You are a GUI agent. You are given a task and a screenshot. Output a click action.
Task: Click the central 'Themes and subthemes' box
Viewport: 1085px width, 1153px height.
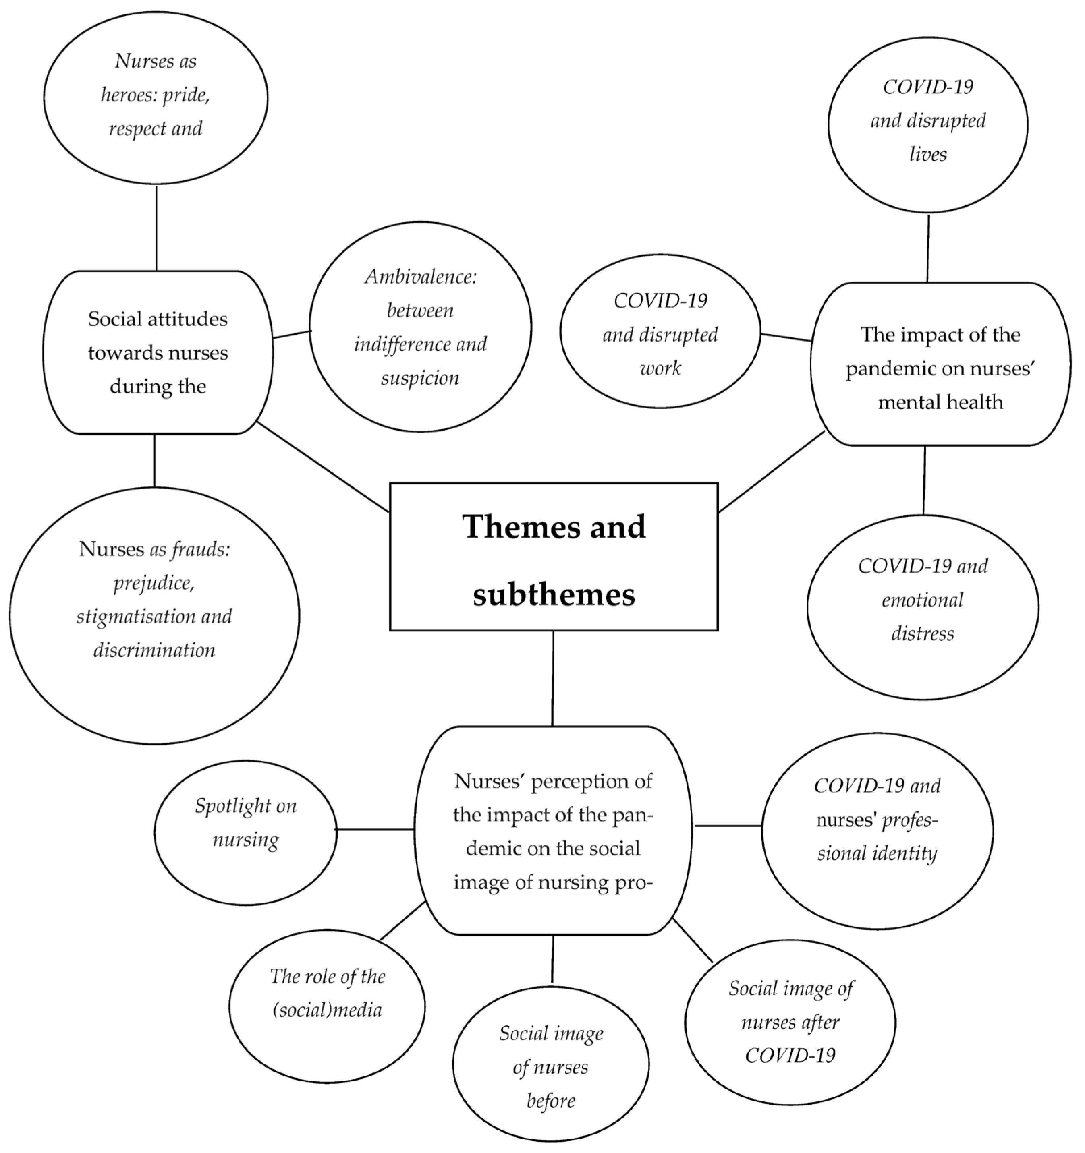click(x=554, y=557)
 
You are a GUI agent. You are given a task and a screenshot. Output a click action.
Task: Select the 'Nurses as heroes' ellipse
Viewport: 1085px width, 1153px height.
click(x=156, y=97)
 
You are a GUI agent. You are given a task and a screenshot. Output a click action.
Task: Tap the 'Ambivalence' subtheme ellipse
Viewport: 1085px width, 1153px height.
click(x=420, y=327)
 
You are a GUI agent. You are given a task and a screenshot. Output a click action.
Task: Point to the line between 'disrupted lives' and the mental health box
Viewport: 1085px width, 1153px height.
click(x=928, y=248)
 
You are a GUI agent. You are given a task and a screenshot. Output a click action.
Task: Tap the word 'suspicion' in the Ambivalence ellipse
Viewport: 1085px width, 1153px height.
click(x=420, y=378)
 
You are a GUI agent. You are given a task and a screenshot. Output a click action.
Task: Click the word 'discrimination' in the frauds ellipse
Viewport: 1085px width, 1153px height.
click(x=154, y=650)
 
